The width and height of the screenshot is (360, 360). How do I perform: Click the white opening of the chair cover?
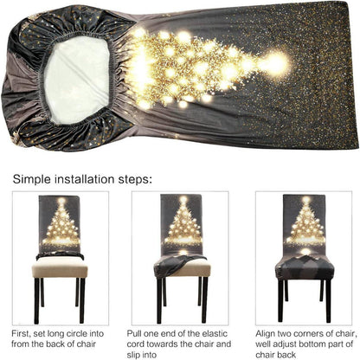[77, 80]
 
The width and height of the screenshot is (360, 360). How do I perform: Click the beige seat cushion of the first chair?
[60, 267]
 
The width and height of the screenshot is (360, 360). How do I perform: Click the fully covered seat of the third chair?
[305, 267]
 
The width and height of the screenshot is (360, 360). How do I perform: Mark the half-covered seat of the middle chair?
[183, 267]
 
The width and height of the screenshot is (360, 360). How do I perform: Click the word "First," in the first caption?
[21, 334]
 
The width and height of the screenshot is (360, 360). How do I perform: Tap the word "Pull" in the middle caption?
[134, 334]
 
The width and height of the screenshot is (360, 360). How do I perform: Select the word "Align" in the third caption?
[266, 334]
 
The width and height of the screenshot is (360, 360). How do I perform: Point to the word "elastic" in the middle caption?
[215, 334]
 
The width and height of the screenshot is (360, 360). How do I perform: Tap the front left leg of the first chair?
[36, 301]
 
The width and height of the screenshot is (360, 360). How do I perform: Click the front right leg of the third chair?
[328, 301]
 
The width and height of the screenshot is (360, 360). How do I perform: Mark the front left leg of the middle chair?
[159, 301]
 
